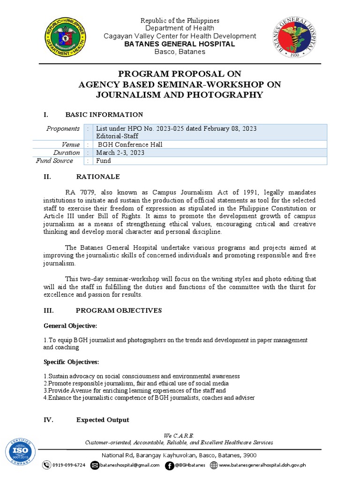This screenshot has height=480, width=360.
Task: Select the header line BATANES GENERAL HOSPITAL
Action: click(x=180, y=44)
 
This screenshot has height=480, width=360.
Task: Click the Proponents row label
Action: click(x=63, y=129)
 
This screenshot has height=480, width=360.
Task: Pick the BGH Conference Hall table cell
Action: click(x=130, y=145)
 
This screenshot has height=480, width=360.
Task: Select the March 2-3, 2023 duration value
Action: click(x=120, y=153)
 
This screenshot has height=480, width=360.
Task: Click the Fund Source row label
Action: click(x=55, y=161)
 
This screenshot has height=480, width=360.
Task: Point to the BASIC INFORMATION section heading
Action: click(x=104, y=115)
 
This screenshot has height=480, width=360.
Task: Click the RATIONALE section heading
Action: click(x=98, y=177)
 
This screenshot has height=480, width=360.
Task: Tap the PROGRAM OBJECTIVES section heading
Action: click(x=119, y=310)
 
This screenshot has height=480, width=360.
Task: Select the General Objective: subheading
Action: click(x=70, y=325)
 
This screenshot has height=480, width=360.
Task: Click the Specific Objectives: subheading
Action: click(x=71, y=362)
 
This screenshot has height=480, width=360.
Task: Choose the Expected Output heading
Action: click(x=103, y=420)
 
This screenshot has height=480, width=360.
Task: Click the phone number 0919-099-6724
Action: click(x=68, y=465)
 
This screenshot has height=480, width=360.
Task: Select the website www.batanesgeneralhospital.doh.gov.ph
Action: click(x=262, y=465)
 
